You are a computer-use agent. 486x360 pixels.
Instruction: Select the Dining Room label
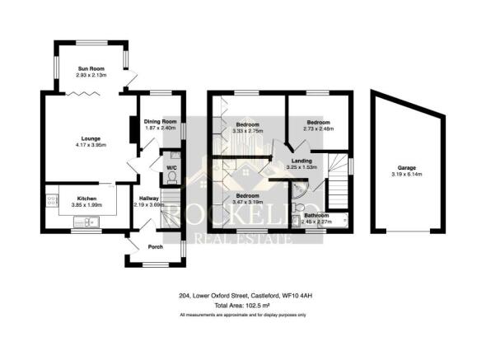pyautogui.click(x=161, y=121)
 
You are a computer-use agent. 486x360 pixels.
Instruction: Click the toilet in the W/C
pyautogui.click(x=171, y=176)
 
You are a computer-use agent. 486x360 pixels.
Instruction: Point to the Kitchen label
pyautogui.click(x=88, y=199)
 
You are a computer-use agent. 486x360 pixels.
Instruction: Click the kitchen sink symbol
pyautogui.click(x=93, y=220)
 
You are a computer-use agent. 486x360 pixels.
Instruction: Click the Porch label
pyautogui.click(x=155, y=247)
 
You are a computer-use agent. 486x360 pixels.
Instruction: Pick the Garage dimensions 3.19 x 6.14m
pyautogui.click(x=402, y=174)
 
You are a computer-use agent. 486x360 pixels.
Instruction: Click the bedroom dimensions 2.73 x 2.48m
pyautogui.click(x=318, y=128)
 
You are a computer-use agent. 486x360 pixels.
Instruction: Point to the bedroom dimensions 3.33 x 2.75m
pyautogui.click(x=250, y=130)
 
